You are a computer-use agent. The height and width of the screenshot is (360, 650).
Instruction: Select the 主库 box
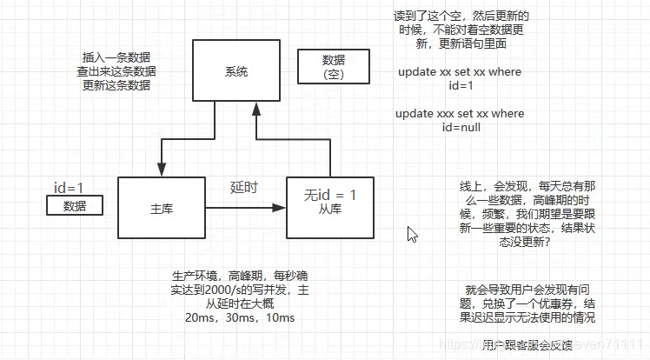(x=162, y=208)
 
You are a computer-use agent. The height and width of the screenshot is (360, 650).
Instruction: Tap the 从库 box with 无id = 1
(x=328, y=204)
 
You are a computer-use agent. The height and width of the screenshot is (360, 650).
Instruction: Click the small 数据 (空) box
(x=333, y=66)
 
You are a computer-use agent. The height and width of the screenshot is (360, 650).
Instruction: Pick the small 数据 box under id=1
(x=75, y=205)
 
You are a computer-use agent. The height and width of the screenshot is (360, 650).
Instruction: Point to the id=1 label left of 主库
(x=69, y=187)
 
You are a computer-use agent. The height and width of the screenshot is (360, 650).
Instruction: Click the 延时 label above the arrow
(x=243, y=187)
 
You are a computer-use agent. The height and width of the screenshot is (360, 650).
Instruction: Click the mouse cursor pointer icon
(x=412, y=233)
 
